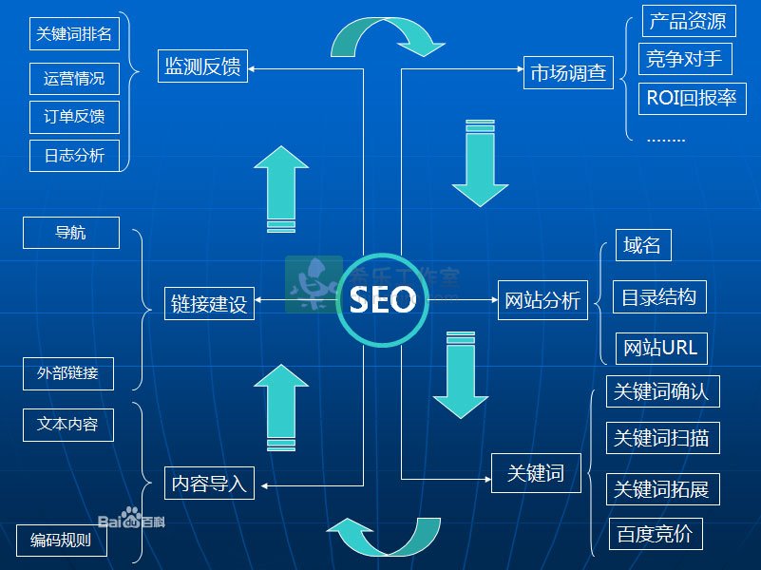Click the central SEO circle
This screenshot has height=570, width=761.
[383, 300]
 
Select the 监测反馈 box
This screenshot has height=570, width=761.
[203, 66]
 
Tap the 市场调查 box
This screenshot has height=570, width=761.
[568, 73]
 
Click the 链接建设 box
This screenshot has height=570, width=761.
[209, 304]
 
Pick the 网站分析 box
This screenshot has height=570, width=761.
[542, 300]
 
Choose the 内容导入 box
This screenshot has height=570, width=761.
[209, 484]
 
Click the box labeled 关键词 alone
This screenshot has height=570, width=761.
[536, 473]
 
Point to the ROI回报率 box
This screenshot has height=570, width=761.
[692, 99]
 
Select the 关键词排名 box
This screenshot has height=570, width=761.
[74, 33]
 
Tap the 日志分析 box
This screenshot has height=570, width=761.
[74, 156]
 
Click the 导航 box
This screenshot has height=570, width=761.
[71, 233]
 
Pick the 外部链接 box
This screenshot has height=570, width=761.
[68, 373]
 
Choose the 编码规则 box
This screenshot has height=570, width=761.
[61, 541]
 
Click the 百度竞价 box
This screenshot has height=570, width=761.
[656, 534]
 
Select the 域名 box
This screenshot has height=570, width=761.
[643, 245]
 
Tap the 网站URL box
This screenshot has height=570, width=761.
[661, 349]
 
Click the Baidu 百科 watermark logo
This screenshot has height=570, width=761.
[131, 518]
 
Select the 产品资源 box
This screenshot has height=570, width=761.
[689, 21]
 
